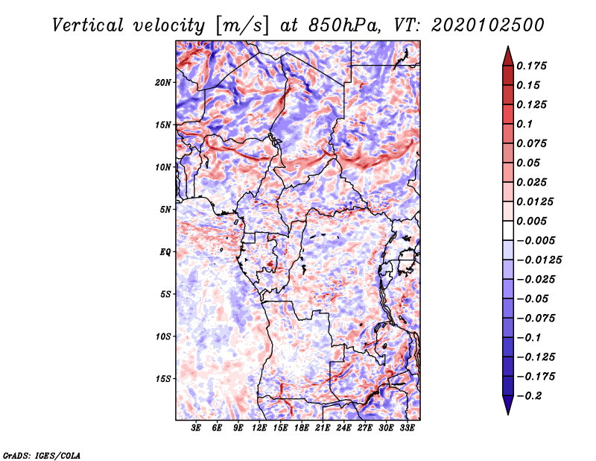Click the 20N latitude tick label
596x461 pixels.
(x=163, y=82)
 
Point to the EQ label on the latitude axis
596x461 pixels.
(x=165, y=252)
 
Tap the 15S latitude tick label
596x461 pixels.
(x=163, y=379)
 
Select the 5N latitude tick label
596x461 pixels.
(x=165, y=210)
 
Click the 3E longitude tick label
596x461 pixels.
(x=197, y=429)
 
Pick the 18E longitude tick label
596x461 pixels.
(x=302, y=429)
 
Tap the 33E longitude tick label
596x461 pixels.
(x=407, y=429)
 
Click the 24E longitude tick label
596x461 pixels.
(x=343, y=429)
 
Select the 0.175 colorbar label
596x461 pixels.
(x=533, y=66)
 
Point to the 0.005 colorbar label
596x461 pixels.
(x=533, y=221)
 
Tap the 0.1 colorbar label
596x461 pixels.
(x=525, y=124)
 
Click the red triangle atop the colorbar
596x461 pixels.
(x=507, y=54)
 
